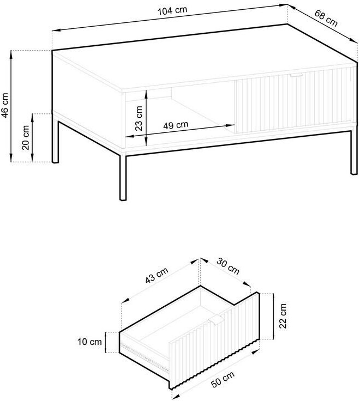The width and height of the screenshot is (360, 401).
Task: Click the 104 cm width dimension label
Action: click(172, 10)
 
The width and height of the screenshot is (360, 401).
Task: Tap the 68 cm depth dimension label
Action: click(326, 18)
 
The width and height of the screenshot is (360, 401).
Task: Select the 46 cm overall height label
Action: click(5, 105)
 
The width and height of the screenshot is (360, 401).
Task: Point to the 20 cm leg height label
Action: click(26, 137)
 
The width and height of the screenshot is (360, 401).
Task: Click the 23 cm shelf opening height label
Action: click(139, 118)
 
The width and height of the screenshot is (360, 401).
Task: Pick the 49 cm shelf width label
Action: click(176, 125)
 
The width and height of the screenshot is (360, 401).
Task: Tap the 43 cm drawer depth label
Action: click(157, 276)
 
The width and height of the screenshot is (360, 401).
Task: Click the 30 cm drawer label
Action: click(228, 266)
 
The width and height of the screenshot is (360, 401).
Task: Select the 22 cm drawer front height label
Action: click(283, 316)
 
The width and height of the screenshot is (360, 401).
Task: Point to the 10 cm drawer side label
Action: click(89, 342)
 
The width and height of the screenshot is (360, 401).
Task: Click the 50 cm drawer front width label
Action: click(223, 379)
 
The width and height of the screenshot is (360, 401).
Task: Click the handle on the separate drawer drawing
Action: click(216, 320)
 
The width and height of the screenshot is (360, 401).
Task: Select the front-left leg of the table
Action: click(123, 177)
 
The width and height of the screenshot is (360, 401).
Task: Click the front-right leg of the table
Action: click(353, 153)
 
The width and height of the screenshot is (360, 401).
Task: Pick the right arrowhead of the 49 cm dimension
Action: click(231, 125)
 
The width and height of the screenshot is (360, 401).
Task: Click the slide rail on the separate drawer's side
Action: click(145, 357)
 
